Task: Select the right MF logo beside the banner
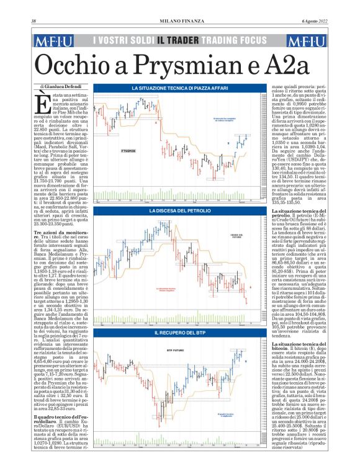tap(307, 41)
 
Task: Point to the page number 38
tap(34, 22)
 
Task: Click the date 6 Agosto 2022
tap(316, 22)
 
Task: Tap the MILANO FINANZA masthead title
tap(179, 22)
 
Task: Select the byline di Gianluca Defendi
tap(61, 85)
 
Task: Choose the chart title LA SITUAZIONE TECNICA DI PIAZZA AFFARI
tap(179, 89)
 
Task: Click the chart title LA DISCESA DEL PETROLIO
tap(179, 212)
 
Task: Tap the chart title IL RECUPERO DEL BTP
tap(179, 334)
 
